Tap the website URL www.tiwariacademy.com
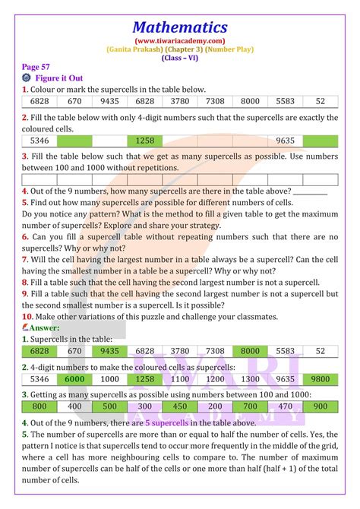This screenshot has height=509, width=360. tap(179, 41)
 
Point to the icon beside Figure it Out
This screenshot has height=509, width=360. tap(27, 78)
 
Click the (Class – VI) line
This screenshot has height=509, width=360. tap(179, 58)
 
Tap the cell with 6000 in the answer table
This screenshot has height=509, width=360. tap(74, 379)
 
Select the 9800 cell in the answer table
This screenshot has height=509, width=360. tap(321, 379)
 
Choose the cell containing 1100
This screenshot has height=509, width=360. tap(180, 379)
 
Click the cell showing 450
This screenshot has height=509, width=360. tap(180, 406)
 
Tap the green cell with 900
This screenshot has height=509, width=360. tap(321, 406)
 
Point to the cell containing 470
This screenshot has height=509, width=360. tap(286, 406)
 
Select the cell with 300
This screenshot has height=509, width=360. tap(145, 406)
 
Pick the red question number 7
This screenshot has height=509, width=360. tap(25, 259)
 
